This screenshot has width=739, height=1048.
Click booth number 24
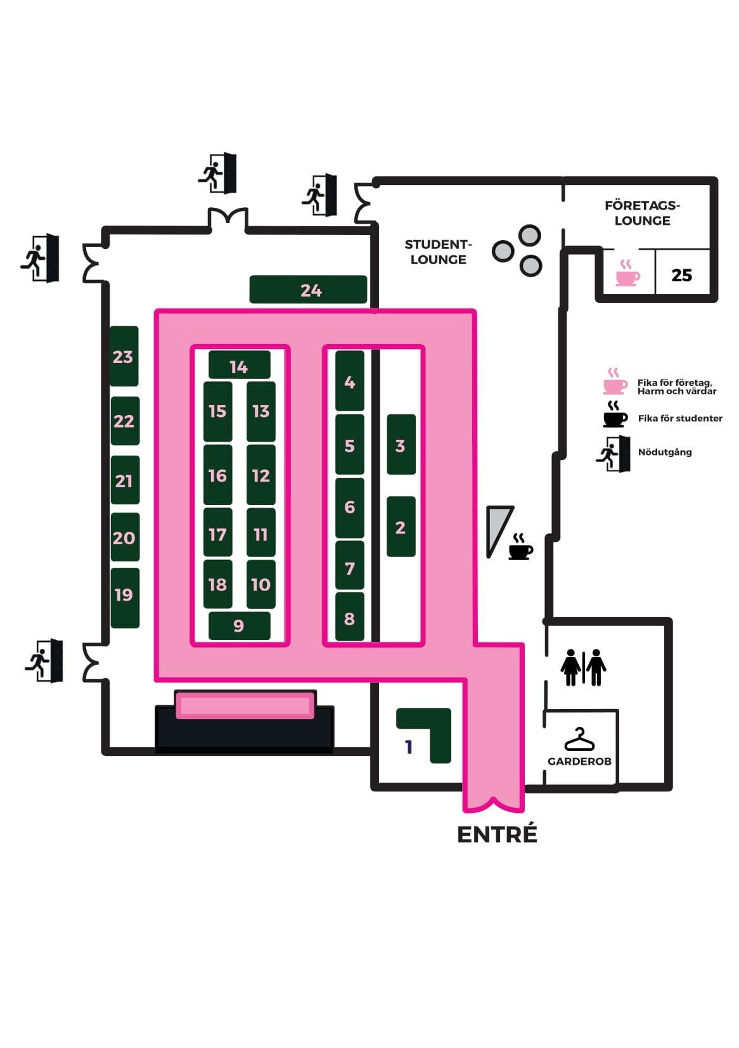click(x=308, y=290)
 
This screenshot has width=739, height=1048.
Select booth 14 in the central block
click(x=239, y=366)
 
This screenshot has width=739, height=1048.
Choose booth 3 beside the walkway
click(x=401, y=445)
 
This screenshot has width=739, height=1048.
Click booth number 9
click(x=239, y=625)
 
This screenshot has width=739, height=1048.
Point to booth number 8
click(x=349, y=617)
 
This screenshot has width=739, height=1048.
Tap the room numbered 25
click(x=682, y=274)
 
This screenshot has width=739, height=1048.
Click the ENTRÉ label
click(x=497, y=834)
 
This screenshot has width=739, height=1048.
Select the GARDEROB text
click(x=579, y=761)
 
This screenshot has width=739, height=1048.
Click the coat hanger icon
click(x=579, y=739)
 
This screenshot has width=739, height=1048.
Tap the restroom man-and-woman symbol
click(x=583, y=667)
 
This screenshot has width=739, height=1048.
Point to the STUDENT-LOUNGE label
click(x=439, y=252)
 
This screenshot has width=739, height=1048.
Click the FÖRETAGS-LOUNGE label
click(x=642, y=213)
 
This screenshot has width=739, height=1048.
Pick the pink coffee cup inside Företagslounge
click(x=627, y=273)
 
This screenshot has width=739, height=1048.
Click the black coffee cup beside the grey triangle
click(x=520, y=547)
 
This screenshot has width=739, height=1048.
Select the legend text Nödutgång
click(x=665, y=452)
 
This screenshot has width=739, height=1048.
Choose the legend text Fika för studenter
click(x=680, y=418)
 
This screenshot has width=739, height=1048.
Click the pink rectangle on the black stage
click(x=245, y=705)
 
